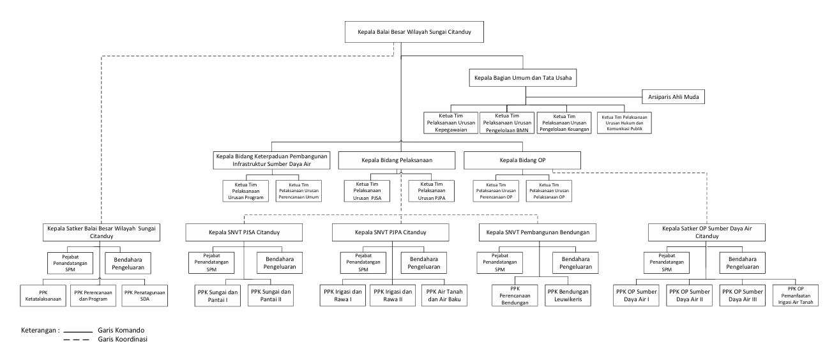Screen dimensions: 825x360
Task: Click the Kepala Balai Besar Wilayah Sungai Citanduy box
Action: coord(414,32)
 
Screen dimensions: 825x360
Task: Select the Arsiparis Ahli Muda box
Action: coord(673,97)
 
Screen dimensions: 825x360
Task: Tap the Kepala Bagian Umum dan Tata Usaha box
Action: coord(522,78)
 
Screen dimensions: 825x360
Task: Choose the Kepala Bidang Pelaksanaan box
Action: coord(397,160)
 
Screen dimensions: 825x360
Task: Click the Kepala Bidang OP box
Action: coord(522,160)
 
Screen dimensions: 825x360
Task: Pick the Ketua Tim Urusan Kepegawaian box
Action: coord(451,123)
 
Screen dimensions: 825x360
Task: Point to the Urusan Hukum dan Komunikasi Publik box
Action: coord(624,123)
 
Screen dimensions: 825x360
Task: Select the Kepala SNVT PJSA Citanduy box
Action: coord(244,232)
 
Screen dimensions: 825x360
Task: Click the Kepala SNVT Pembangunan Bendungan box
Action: coord(538,232)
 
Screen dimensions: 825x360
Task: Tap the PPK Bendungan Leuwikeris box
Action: coord(568,296)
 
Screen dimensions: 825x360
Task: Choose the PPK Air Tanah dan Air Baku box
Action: coord(444,296)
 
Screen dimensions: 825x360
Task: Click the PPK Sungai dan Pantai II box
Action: coord(271,296)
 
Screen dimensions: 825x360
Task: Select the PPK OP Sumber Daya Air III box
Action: coord(742,296)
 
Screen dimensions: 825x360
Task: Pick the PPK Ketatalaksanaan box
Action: coord(43,296)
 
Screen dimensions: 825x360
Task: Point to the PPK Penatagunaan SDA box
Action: coord(145,296)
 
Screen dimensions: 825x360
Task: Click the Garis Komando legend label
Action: coord(121,330)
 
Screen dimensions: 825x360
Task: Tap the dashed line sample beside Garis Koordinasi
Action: coord(76,340)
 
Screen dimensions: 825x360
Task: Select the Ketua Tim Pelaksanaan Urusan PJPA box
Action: coord(431,191)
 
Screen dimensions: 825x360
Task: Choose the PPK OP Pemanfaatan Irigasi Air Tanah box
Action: coord(796,296)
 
